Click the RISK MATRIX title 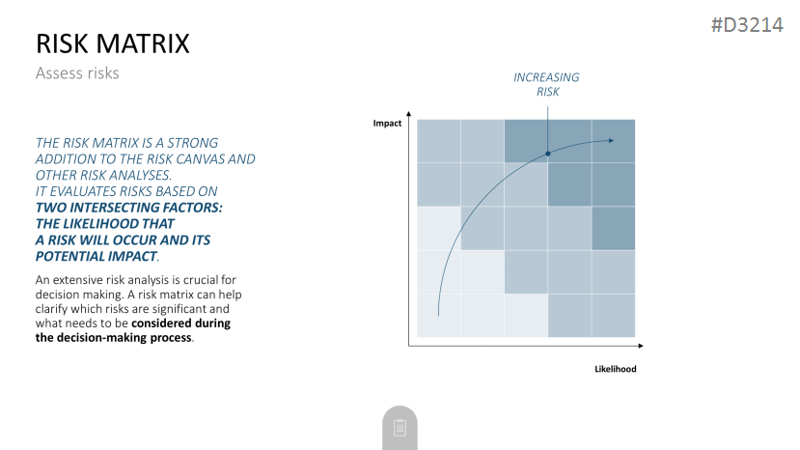click(113, 43)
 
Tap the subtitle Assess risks click(77, 73)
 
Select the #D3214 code click(747, 24)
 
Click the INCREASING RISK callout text click(546, 84)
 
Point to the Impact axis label click(387, 123)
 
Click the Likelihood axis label click(616, 369)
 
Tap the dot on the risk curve click(548, 154)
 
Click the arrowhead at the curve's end click(611, 140)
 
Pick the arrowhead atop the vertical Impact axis click(408, 113)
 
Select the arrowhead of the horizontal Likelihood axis click(641, 346)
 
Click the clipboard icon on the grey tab click(400, 428)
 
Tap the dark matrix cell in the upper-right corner click(613, 141)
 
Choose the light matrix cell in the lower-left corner click(439, 316)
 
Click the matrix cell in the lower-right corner click(613, 316)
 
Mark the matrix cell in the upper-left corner click(439, 141)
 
